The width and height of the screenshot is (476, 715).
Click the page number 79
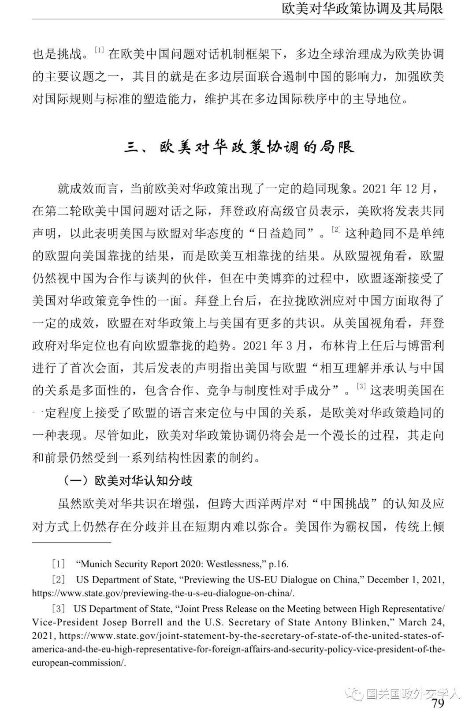tap(437, 703)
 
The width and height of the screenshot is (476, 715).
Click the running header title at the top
tap(362, 8)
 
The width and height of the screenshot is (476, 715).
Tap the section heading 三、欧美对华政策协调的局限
tap(239, 147)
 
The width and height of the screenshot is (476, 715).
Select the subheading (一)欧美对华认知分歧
tap(127, 480)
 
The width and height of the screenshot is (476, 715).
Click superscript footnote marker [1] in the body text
tap(99, 50)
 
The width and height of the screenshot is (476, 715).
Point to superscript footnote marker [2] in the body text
tap(336, 229)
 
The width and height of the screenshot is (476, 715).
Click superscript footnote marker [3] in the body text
tap(361, 386)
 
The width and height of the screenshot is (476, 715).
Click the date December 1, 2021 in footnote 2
tap(405, 580)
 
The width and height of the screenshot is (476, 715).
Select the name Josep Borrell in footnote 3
tap(133, 622)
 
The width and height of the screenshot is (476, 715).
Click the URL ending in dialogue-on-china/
tap(163, 593)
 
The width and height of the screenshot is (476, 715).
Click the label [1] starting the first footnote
tap(59, 564)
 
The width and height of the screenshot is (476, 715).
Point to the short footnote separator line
tap(71, 542)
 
